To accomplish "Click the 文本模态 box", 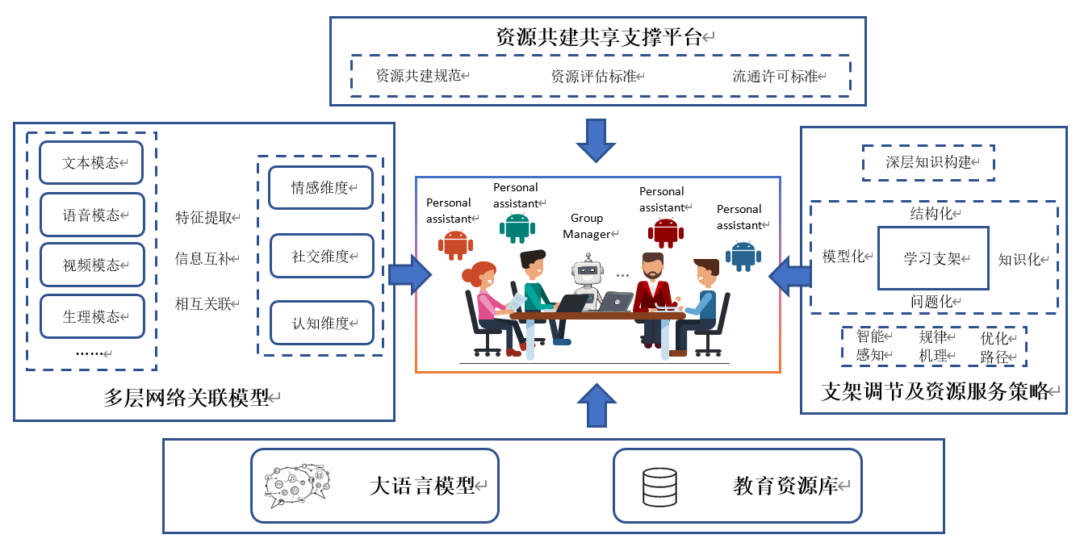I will click(x=91, y=163).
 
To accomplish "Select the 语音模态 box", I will click(x=92, y=215).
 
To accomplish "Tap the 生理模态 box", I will click(x=92, y=316).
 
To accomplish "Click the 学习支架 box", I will click(x=933, y=258).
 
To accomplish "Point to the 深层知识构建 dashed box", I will click(x=928, y=162).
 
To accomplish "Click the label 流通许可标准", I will click(x=775, y=77).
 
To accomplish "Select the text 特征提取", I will click(x=203, y=217).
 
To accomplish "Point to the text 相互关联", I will click(x=203, y=303).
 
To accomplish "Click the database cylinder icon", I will click(x=659, y=486).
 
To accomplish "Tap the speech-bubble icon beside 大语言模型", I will click(x=295, y=485).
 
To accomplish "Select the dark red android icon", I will click(x=665, y=232).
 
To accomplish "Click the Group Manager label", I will click(x=587, y=226).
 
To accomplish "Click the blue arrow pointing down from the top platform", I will click(x=596, y=140).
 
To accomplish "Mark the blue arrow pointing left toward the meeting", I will click(x=789, y=275).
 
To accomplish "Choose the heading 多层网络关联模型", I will click(x=186, y=397).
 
